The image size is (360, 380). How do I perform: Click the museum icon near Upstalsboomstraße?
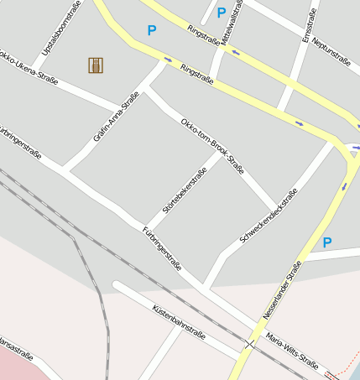coord(96,65)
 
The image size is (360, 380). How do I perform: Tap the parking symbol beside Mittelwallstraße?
coord(222,13)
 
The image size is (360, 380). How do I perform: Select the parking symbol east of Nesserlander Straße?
coord(327,242)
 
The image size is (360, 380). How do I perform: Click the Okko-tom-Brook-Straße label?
coord(213,145)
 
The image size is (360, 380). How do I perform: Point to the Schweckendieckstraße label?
coord(269,216)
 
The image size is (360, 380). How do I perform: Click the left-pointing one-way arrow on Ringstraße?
coord(236,53)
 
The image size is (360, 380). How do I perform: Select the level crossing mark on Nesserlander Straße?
coord(249,343)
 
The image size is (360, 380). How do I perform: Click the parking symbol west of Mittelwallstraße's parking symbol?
coord(152,30)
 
